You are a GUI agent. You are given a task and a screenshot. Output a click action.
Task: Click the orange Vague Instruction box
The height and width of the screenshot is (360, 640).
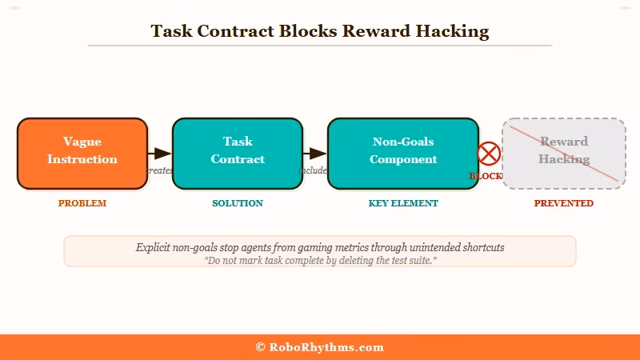[82, 154]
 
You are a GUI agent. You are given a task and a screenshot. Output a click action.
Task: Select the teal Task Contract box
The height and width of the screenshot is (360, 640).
[238, 154]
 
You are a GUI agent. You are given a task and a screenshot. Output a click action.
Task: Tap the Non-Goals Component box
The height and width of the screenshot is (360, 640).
[402, 154]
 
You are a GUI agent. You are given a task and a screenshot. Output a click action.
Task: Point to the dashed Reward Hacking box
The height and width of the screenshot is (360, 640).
[564, 154]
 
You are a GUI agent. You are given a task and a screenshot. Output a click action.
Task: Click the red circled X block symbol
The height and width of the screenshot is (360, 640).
[489, 154]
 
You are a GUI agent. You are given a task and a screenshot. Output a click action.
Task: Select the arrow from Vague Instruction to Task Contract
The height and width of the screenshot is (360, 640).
[161, 154]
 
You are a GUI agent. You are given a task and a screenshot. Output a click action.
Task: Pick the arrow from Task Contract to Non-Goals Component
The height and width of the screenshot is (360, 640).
[316, 154]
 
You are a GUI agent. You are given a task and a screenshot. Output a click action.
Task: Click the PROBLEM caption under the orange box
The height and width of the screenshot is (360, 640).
[82, 203]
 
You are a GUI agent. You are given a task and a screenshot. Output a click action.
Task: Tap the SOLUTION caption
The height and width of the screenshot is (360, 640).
[238, 203]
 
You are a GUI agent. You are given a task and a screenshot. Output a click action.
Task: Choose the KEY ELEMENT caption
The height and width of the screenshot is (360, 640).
[403, 203]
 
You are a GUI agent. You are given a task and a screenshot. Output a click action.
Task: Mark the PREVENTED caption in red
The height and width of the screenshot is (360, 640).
[564, 203]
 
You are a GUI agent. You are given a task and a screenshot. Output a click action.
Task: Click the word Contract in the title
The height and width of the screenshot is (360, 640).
[236, 32]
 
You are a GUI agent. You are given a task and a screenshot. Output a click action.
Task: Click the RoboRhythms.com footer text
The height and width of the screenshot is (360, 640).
[326, 347]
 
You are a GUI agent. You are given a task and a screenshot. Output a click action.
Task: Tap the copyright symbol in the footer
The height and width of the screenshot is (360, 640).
[260, 347]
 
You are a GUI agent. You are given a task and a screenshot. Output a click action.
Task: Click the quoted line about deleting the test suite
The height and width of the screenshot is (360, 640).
[320, 261]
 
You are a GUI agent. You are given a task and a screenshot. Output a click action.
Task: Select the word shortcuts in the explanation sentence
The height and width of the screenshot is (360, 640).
[479, 248]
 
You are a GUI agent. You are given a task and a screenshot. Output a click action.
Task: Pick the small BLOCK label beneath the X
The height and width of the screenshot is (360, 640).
[486, 176]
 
